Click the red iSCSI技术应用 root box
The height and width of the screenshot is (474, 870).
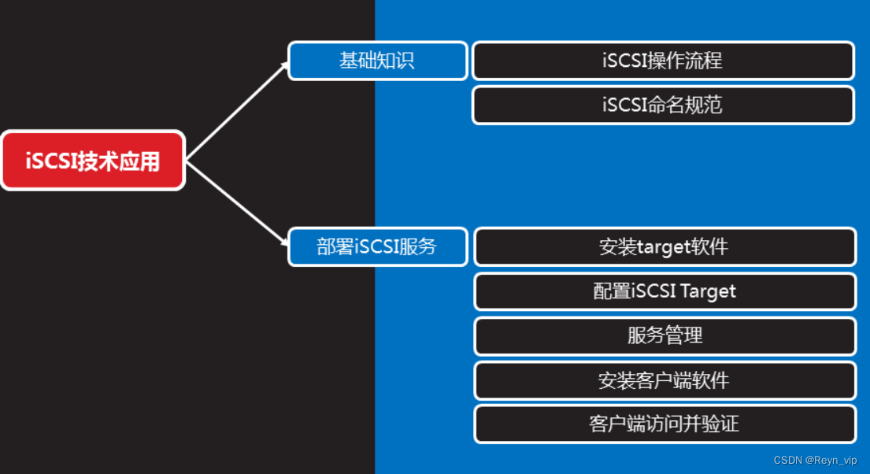pos(93,161)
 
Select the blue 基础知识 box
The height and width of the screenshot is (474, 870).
pos(377,61)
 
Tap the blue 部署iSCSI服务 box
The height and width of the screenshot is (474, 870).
pos(377,246)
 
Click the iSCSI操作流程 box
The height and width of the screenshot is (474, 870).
pos(662,61)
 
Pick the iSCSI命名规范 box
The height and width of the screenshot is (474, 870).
pos(662,105)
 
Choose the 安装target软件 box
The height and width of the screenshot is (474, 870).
pos(664,246)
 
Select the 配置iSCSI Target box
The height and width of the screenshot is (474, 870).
pos(664,291)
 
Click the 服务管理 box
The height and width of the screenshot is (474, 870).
pos(664,336)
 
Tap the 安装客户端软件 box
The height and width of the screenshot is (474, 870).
pos(664,380)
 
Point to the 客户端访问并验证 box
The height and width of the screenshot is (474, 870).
pos(664,424)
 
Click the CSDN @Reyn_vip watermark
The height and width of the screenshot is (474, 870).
pos(815,460)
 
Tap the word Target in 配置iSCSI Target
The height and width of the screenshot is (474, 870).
pos(708,291)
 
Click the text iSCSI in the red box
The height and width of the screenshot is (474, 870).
pos(47,161)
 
